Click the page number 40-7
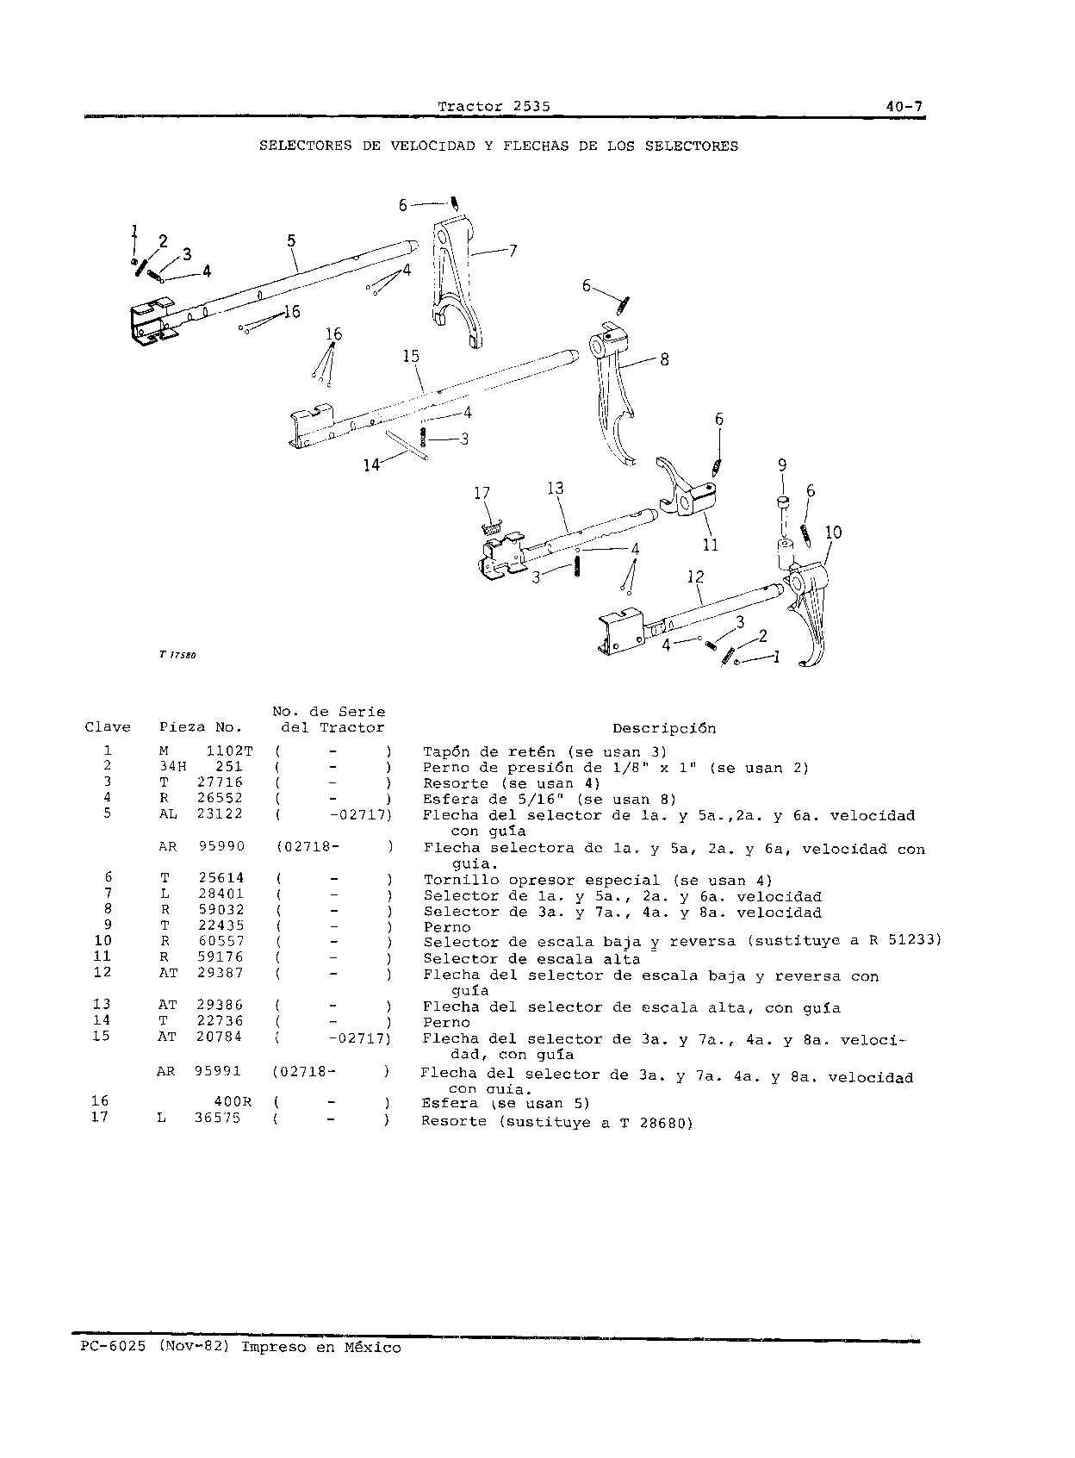[x=904, y=106]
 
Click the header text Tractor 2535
[x=494, y=106]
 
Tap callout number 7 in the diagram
[x=513, y=251]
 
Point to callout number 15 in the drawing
[x=411, y=356]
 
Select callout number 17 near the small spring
[x=482, y=494]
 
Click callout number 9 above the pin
[x=782, y=464]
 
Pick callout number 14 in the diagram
[x=371, y=464]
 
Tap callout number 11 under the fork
[x=711, y=544]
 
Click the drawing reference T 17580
[x=177, y=655]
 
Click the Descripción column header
[x=664, y=728]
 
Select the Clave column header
[x=108, y=727]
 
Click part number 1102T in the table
[x=230, y=751]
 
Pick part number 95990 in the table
[x=222, y=846]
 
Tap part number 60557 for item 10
[x=221, y=941]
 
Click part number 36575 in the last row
[x=217, y=1118]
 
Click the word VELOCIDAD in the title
[x=432, y=146]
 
